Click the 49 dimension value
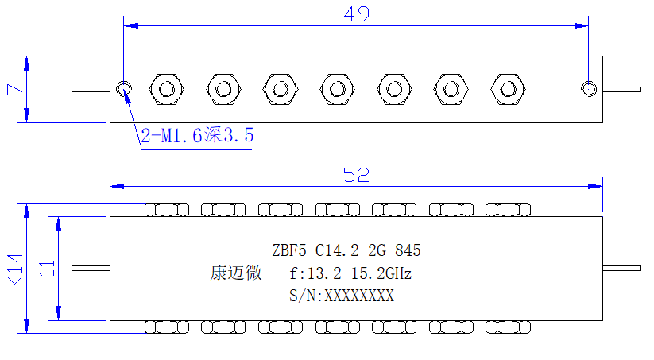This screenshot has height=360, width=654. click(357, 14)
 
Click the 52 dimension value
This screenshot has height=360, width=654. click(356, 175)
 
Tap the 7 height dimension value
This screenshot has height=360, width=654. click(14, 89)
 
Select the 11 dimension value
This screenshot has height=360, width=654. click(47, 269)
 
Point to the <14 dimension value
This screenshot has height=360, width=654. click(15, 269)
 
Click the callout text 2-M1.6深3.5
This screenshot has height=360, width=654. click(197, 135)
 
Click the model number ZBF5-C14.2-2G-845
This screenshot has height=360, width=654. click(346, 250)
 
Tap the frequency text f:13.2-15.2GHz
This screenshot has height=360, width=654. click(350, 273)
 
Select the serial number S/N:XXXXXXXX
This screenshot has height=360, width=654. click(342, 296)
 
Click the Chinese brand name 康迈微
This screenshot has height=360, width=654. click(236, 273)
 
